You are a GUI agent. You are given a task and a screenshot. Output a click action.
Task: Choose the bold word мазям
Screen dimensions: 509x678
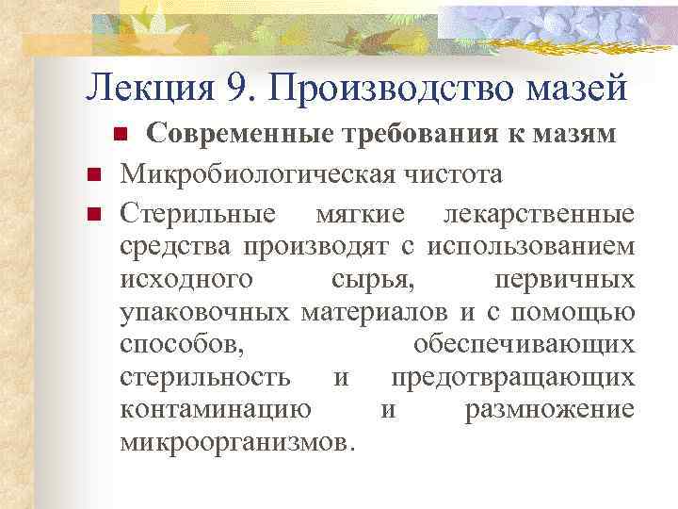pos(577,135)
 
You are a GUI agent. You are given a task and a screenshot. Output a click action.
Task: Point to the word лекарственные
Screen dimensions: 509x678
pos(539,214)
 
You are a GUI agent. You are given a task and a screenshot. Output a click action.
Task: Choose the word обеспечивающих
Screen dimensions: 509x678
pos(524,346)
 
